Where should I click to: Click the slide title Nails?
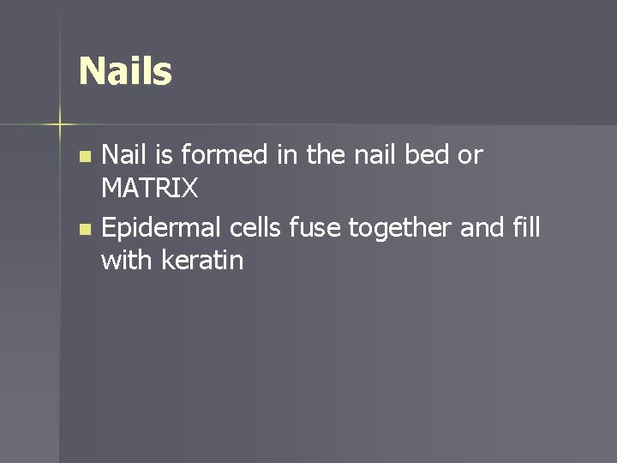point(125,71)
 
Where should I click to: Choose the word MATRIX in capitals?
point(149,189)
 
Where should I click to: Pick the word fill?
point(526,228)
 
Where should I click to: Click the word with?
point(125,261)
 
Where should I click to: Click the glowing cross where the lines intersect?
point(60,124)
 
